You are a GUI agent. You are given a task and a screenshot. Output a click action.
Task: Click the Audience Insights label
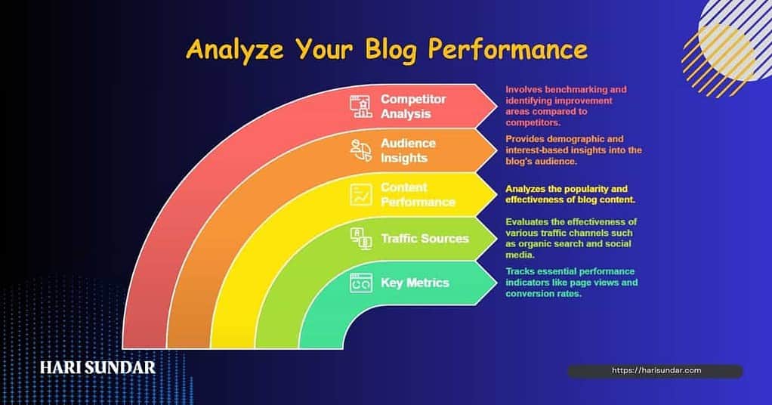click(408, 150)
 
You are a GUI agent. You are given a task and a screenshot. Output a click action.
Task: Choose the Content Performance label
click(418, 194)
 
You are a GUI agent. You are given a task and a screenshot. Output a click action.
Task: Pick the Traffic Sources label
click(425, 239)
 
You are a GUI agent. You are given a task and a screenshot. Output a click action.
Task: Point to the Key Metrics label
click(415, 283)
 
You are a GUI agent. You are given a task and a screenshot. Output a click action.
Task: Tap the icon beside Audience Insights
click(360, 150)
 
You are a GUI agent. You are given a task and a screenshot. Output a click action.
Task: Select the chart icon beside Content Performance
click(360, 195)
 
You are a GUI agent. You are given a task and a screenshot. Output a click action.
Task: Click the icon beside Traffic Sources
click(360, 239)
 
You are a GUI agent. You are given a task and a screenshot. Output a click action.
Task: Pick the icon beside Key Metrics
click(360, 283)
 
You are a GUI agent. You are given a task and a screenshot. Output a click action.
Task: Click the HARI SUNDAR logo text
click(97, 368)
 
